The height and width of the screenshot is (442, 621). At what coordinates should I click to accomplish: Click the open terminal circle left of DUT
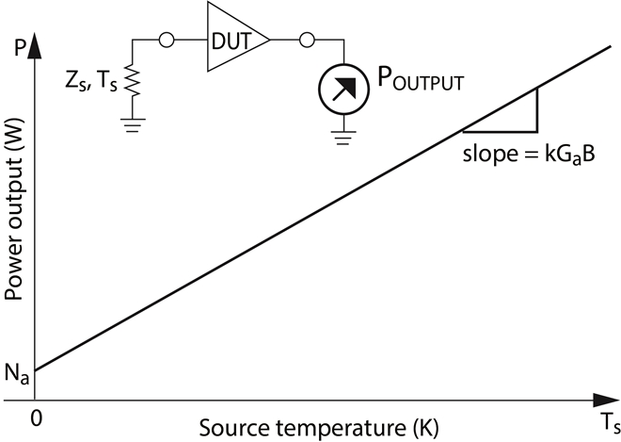pos(167,41)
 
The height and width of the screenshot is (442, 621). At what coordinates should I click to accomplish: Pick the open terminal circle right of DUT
pos(305,41)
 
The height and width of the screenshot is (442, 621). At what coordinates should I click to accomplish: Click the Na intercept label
pos(16,376)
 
